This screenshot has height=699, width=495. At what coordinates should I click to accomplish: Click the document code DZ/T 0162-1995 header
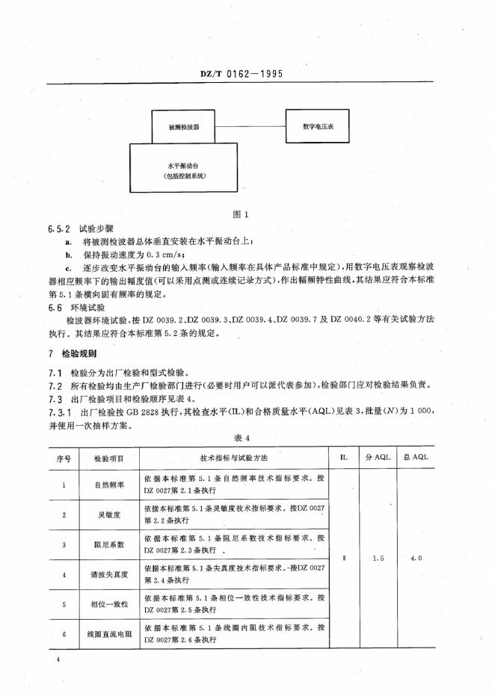[x=247, y=75]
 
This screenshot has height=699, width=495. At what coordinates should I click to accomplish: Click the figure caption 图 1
[x=240, y=214]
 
